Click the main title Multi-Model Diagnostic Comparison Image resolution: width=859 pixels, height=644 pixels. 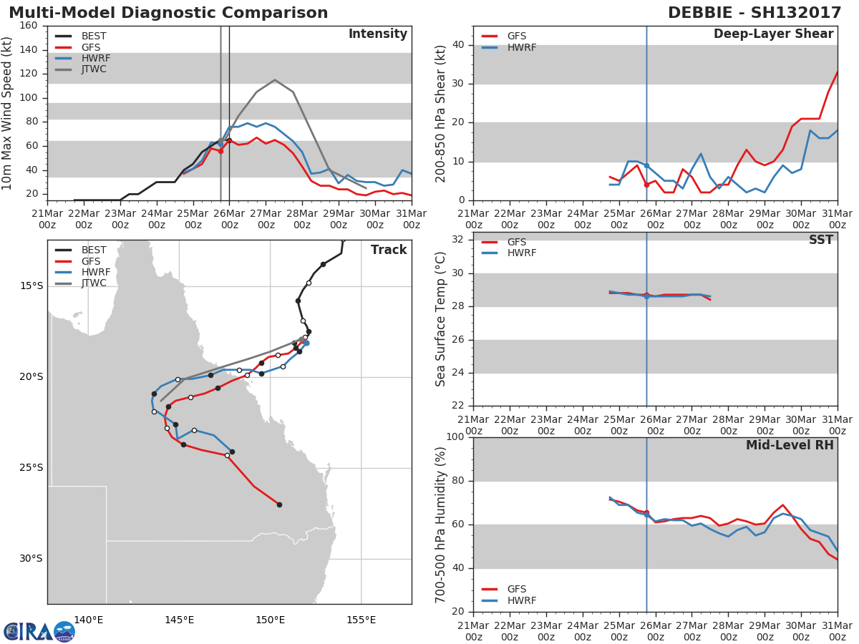click(168, 12)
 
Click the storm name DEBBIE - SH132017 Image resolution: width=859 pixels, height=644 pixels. click(754, 12)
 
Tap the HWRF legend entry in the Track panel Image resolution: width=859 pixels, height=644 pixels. click(82, 272)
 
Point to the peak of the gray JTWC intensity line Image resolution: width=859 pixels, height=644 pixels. click(275, 79)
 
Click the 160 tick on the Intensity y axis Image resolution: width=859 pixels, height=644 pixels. click(29, 26)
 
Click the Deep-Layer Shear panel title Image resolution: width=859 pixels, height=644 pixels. click(773, 34)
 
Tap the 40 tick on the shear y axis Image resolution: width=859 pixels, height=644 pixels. click(458, 44)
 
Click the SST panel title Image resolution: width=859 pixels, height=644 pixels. click(820, 239)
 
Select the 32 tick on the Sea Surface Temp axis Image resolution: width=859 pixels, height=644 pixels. click(458, 239)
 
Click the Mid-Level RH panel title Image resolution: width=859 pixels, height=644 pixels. click(790, 445)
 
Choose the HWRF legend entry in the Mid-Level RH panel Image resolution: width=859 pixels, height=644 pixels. click(508, 600)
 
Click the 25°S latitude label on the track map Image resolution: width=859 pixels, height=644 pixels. click(31, 468)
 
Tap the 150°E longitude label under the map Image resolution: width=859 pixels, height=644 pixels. click(271, 620)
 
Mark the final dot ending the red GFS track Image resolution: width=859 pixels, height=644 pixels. click(279, 504)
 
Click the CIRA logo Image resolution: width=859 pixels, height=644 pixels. click(39, 631)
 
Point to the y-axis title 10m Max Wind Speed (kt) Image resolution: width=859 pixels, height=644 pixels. click(6, 113)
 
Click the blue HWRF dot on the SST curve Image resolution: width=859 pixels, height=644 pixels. click(646, 297)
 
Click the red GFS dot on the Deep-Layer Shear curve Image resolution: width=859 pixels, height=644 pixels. click(646, 185)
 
